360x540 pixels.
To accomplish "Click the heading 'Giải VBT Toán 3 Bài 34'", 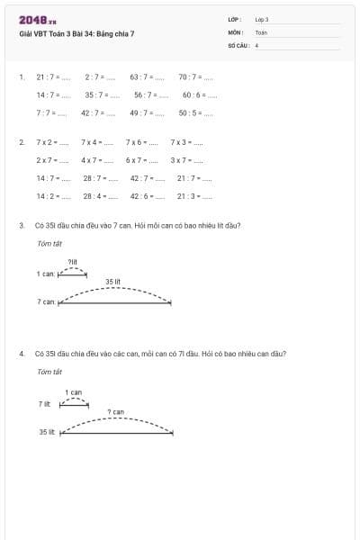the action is [x=76, y=33].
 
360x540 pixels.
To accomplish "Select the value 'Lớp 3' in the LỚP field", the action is [x=262, y=19].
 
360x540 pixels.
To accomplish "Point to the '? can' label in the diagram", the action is [x=115, y=411].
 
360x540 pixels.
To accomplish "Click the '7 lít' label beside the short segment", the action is [x=45, y=404].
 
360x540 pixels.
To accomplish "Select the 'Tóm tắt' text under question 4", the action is [x=49, y=371].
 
